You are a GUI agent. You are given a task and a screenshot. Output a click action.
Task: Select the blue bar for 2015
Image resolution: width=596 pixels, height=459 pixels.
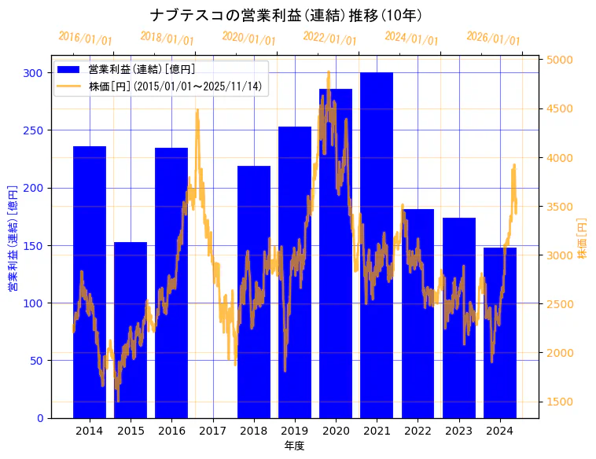tap(131, 330)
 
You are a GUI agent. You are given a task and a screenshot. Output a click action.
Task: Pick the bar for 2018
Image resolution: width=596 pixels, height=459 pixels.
tap(254, 292)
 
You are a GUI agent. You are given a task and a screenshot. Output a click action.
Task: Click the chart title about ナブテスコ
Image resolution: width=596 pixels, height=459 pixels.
tap(286, 15)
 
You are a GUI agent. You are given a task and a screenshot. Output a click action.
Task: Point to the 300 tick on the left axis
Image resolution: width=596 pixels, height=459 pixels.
tap(33, 73)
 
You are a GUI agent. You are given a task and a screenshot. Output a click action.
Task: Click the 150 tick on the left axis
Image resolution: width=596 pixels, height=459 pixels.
tap(33, 245)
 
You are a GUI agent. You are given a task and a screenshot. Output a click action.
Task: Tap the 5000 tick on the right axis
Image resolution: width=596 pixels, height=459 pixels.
tap(560, 60)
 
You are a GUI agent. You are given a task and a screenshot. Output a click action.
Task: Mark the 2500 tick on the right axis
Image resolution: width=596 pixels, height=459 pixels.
tap(560, 304)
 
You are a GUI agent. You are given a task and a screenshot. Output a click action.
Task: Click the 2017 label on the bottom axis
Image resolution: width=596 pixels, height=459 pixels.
tap(213, 430)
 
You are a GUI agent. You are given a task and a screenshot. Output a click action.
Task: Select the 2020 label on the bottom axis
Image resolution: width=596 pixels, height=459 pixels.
tap(336, 430)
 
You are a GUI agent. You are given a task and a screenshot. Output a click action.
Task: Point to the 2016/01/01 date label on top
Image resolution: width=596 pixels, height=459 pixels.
tap(86, 39)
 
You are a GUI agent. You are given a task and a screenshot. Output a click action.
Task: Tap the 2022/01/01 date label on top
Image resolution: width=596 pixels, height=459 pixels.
tap(329, 39)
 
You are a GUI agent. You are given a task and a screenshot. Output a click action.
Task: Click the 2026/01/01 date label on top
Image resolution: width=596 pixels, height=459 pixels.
tap(493, 39)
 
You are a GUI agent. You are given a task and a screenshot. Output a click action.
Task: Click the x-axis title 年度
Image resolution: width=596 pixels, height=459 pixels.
tap(294, 446)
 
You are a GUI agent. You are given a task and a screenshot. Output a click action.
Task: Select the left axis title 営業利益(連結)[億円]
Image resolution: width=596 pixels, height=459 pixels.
tap(13, 238)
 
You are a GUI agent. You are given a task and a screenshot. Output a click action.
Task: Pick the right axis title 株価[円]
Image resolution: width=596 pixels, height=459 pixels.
tap(582, 238)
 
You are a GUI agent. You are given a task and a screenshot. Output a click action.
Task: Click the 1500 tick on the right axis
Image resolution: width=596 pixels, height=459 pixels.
tap(560, 402)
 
